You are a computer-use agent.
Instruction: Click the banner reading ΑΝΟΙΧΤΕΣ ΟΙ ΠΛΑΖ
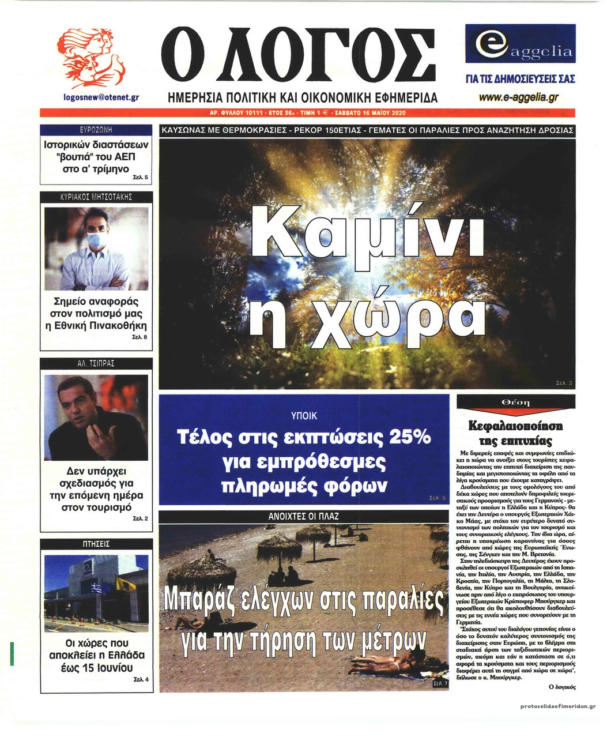click(304, 517)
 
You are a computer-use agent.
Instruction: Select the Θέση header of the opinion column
click(516, 403)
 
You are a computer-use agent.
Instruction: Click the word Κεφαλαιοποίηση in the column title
click(516, 427)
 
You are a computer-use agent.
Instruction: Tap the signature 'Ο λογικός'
click(561, 687)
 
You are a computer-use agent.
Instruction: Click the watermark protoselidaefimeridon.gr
click(557, 706)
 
